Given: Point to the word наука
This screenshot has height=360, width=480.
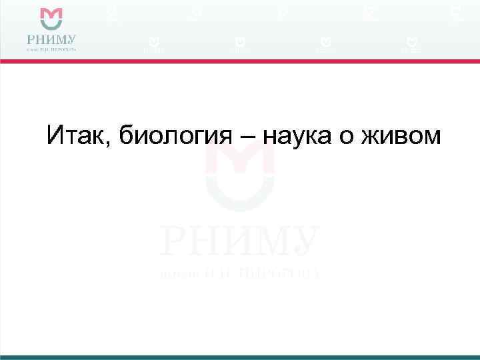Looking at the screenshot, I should pos(300,137).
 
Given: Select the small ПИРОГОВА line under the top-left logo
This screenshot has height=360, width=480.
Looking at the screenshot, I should pos(51,49).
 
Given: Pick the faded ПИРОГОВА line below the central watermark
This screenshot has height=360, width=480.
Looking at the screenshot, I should pos(239,272).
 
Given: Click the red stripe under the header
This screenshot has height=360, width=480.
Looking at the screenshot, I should pos(240,61).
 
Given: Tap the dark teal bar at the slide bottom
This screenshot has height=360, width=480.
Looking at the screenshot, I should pos(240,357).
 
